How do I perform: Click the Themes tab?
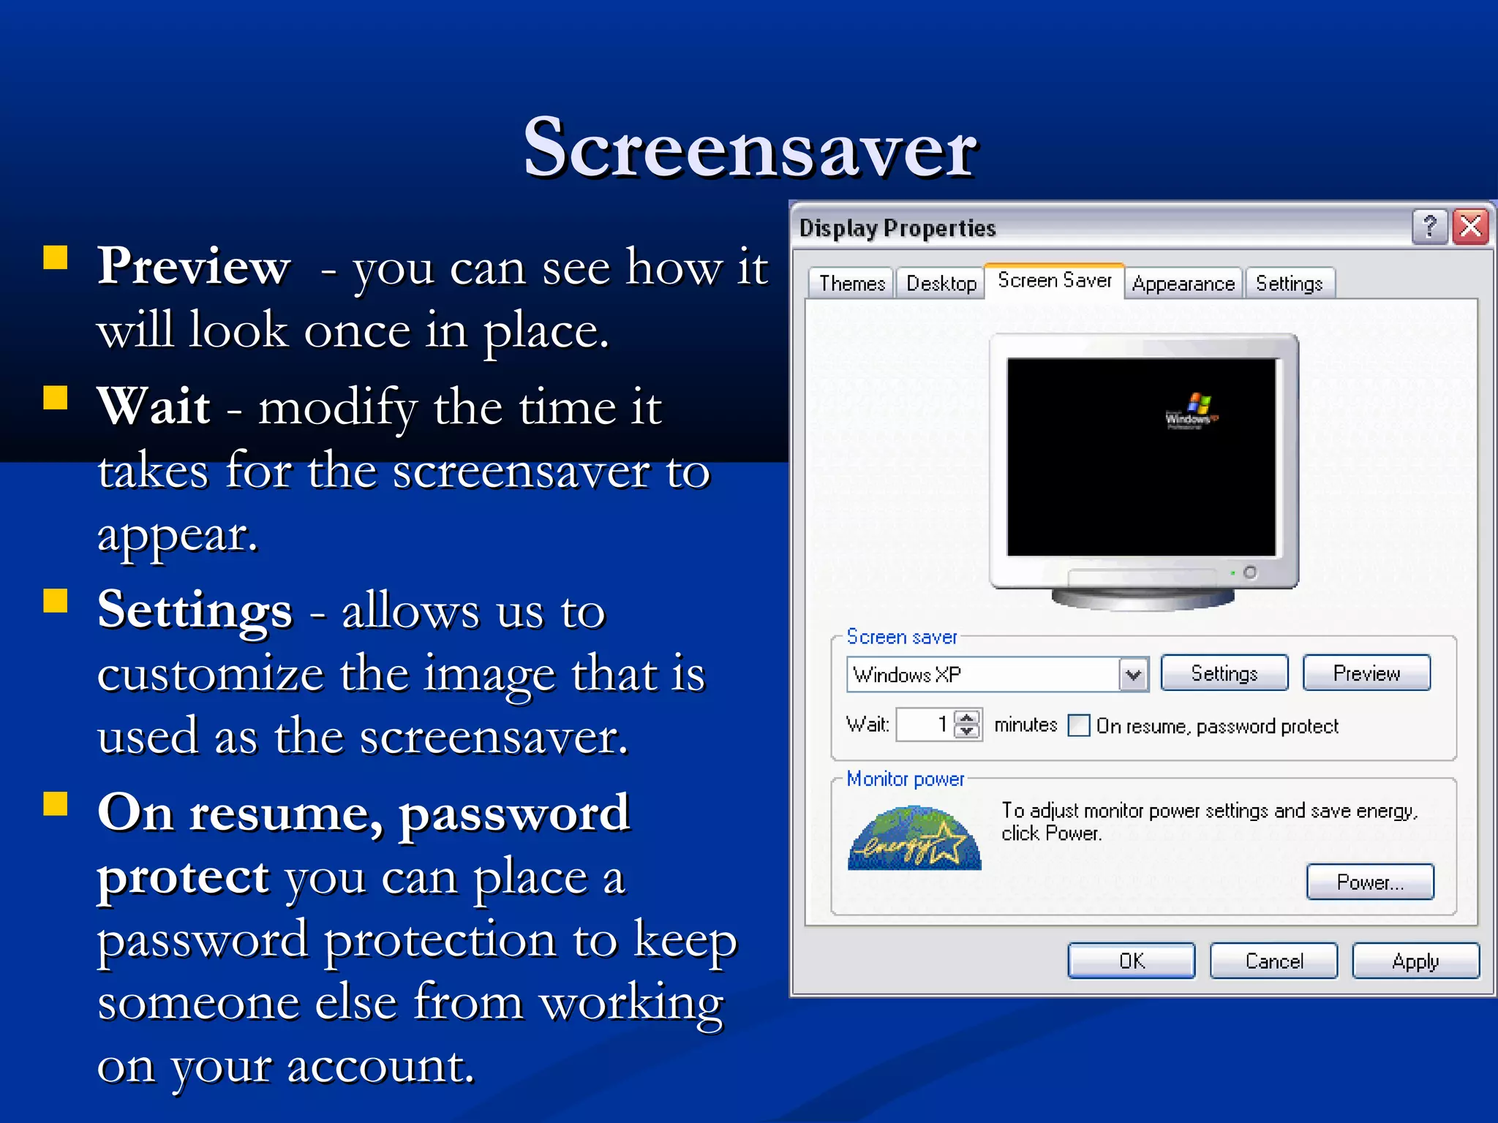point(851,283)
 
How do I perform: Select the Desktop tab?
point(941,283)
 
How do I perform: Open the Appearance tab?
point(1183,283)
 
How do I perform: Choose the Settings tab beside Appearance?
point(1289,283)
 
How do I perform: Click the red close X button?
point(1470,227)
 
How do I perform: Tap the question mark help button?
point(1429,227)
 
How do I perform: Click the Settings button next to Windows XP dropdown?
point(1224,673)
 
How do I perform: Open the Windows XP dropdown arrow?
point(1133,674)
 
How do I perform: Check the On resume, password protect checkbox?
point(1079,726)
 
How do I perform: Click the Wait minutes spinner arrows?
point(967,725)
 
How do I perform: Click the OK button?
point(1131,961)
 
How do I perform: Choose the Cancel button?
point(1273,961)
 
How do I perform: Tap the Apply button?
point(1415,961)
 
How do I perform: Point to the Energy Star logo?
point(914,839)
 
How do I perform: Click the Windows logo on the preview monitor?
point(1192,411)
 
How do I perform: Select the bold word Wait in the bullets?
point(154,406)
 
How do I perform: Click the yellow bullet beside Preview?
point(56,258)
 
